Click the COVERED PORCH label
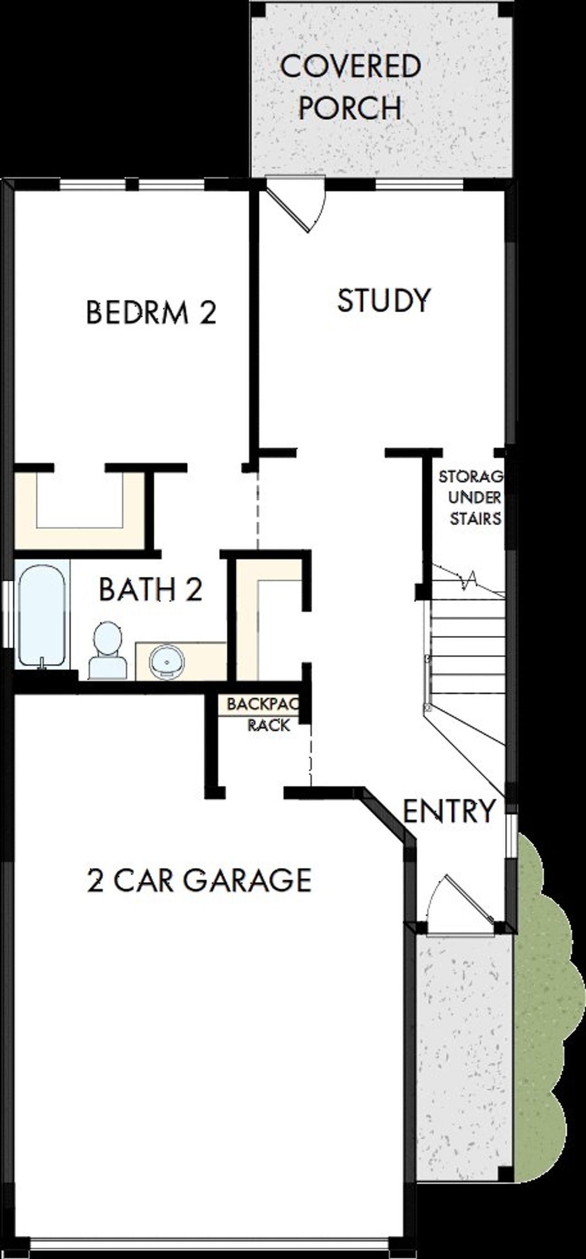coord(350,87)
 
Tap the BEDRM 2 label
coord(151,313)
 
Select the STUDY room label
coord(384,300)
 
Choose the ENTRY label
coord(449,810)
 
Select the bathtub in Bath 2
coord(42,615)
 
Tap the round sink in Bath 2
coord(167,661)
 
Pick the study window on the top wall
coord(419,184)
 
